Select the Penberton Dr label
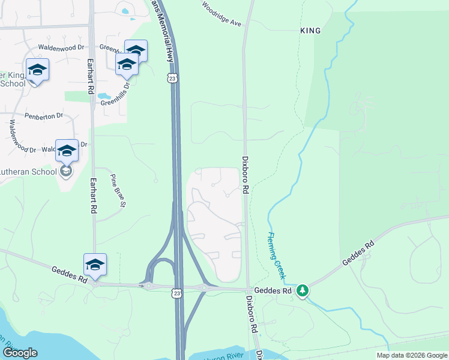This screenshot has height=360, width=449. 44,115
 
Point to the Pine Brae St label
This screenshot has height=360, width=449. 118,191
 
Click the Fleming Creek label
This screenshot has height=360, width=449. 276,256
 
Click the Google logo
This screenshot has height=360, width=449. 19,353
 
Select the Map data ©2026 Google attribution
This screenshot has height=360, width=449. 412,355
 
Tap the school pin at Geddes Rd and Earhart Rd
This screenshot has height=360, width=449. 95,265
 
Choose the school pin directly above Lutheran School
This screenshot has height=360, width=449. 67,151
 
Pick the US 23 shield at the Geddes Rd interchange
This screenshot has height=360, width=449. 175,292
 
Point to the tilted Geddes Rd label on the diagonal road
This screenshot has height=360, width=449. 358,254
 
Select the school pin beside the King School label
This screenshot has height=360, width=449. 37,70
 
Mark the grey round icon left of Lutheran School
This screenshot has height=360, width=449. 66,172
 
